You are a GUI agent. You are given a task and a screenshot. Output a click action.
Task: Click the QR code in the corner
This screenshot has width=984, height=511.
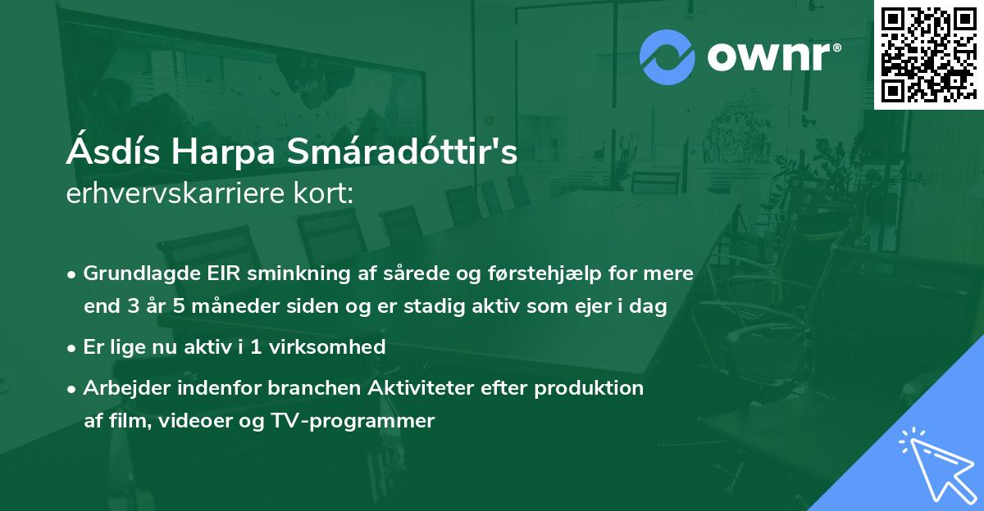pyautogui.click(x=927, y=54)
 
